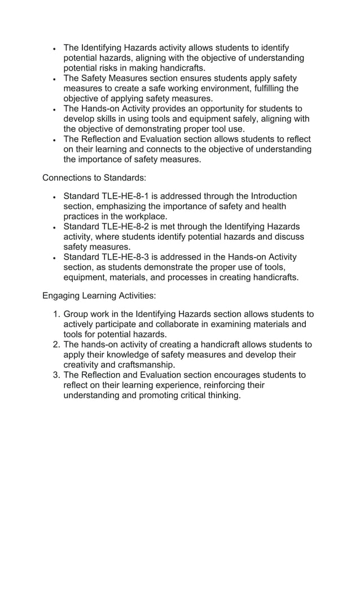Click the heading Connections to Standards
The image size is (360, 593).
tap(94, 178)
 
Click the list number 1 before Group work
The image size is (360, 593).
tap(55, 314)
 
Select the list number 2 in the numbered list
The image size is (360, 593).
tap(55, 345)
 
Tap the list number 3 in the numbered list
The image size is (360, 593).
tap(55, 375)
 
